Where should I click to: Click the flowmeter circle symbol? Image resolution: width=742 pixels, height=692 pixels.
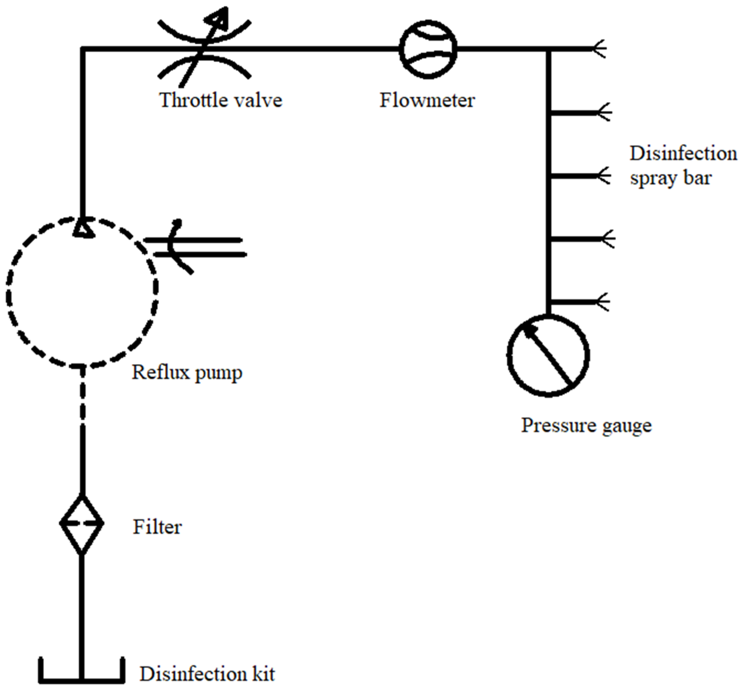point(428,49)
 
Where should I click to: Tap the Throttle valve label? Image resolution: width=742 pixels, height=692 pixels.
point(221,100)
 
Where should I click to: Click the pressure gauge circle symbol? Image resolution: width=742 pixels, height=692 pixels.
point(548,355)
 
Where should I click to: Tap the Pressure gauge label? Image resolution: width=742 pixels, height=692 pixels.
point(586,425)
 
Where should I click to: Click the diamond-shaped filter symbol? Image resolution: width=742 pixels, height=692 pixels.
point(82,524)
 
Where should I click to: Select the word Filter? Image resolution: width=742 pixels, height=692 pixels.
point(157,527)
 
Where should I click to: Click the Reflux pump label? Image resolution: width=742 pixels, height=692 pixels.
point(187,372)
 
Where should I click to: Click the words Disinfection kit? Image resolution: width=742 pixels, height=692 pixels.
point(207,674)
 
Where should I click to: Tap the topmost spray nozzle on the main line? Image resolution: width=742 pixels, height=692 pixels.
point(599,49)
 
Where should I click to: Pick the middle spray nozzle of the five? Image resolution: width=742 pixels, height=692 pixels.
point(603,176)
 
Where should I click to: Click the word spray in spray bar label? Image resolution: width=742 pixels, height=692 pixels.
point(652,178)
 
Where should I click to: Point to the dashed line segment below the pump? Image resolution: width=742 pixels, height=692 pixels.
point(83,396)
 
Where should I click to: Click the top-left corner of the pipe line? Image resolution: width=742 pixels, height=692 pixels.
point(83,49)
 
